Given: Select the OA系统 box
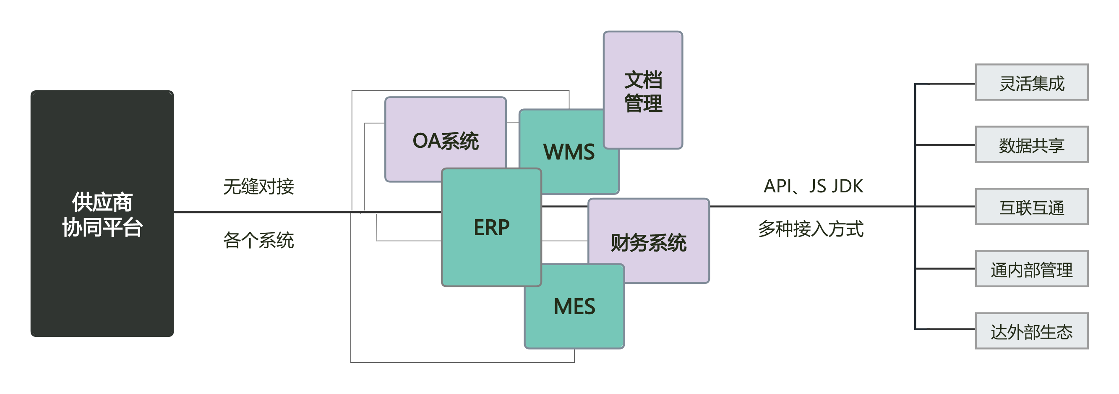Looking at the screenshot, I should (445, 140).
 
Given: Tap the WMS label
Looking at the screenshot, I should (569, 152).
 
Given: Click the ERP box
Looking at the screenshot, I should (491, 227).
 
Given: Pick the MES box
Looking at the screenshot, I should (574, 307).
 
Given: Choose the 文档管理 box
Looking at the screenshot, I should (643, 91).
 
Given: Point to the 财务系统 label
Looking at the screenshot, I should (649, 243).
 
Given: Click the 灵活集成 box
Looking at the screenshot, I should (1031, 83).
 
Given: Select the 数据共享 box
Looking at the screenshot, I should (1031, 145).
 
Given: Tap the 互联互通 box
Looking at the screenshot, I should (1031, 207).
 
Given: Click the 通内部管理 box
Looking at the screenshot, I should (1031, 269).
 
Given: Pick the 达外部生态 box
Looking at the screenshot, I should (1031, 331).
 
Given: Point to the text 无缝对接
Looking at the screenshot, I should (259, 186).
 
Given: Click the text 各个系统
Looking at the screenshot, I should (259, 240).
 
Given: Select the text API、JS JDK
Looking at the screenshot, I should (813, 186).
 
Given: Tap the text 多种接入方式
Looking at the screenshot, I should (811, 229).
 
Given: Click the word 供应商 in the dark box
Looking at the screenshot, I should (102, 202).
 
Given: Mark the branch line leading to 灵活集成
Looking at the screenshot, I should (945, 84).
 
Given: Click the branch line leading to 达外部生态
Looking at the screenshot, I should (945, 329).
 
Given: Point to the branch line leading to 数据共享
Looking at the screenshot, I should (945, 145).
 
